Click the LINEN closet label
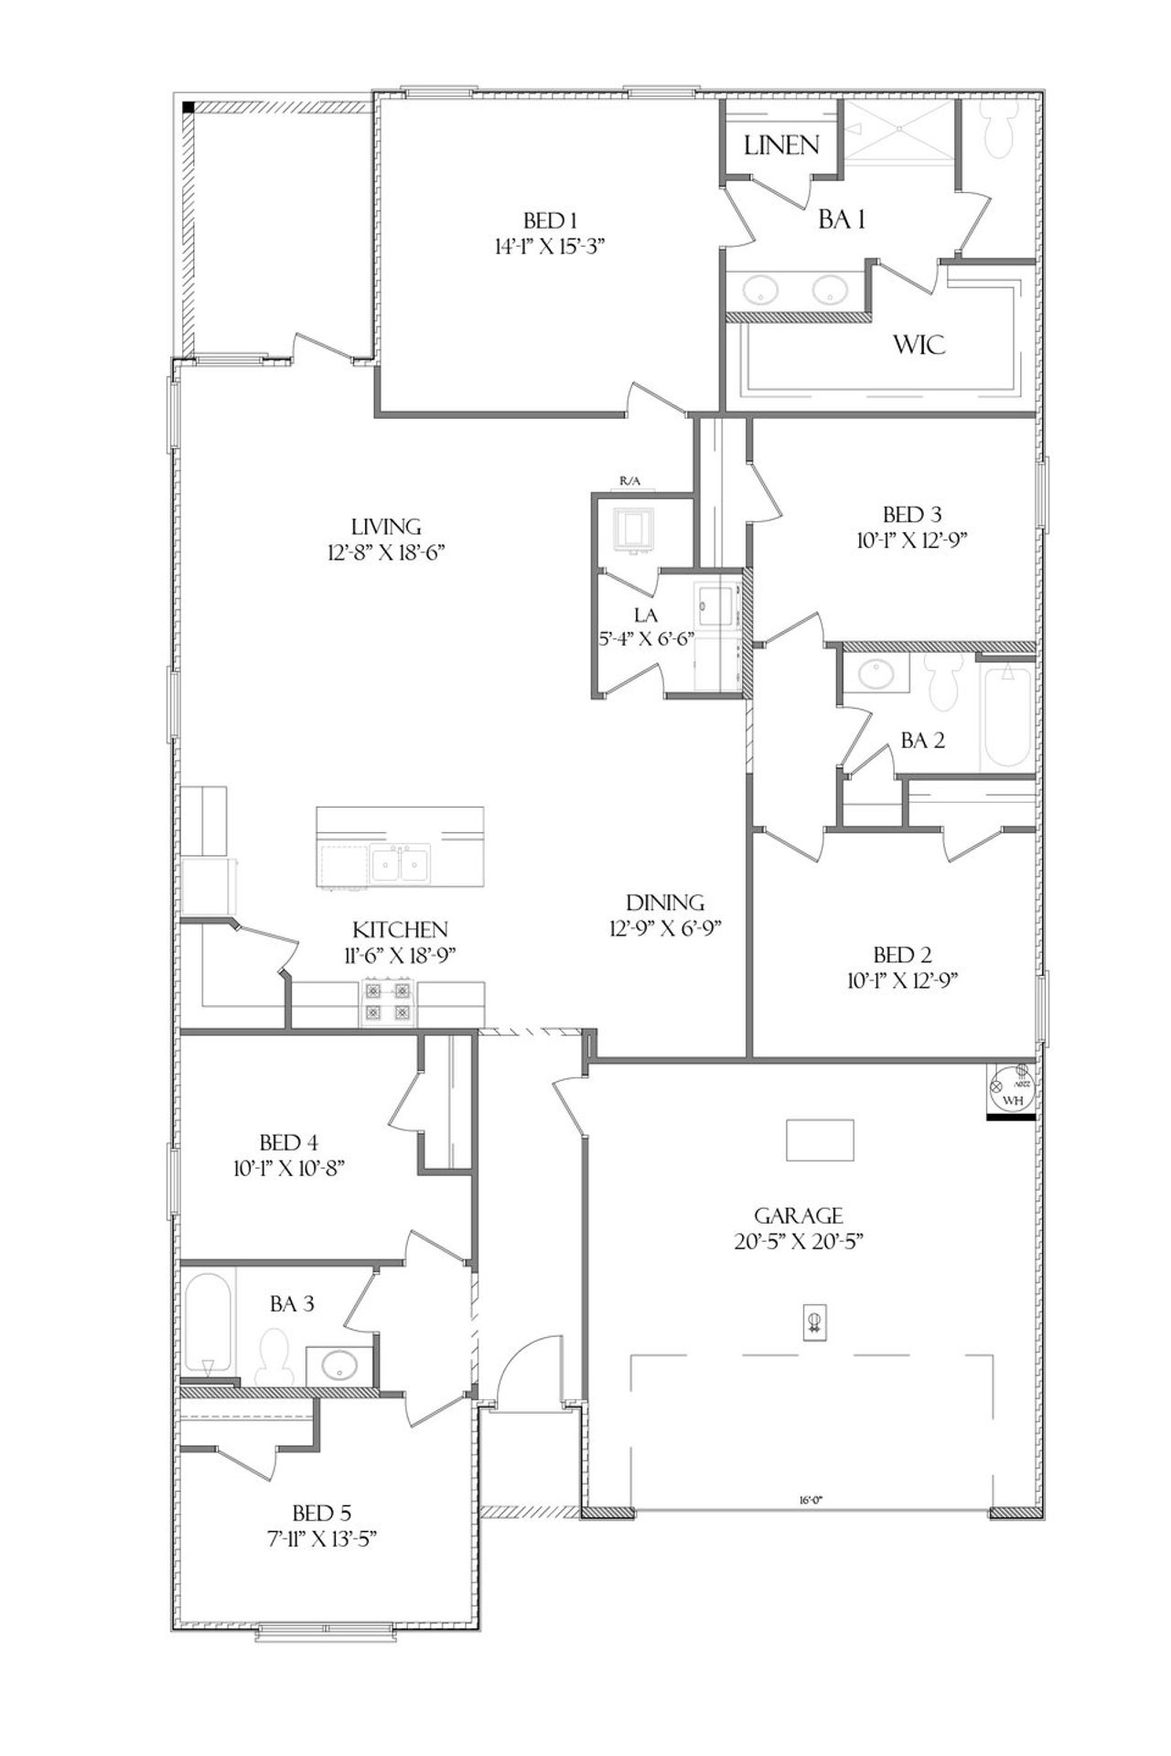pos(780,145)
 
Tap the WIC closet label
pos(919,345)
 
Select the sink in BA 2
pos(878,675)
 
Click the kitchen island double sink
pos(401,864)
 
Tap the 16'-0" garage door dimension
pos(811,1499)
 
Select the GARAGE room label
pos(798,1215)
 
